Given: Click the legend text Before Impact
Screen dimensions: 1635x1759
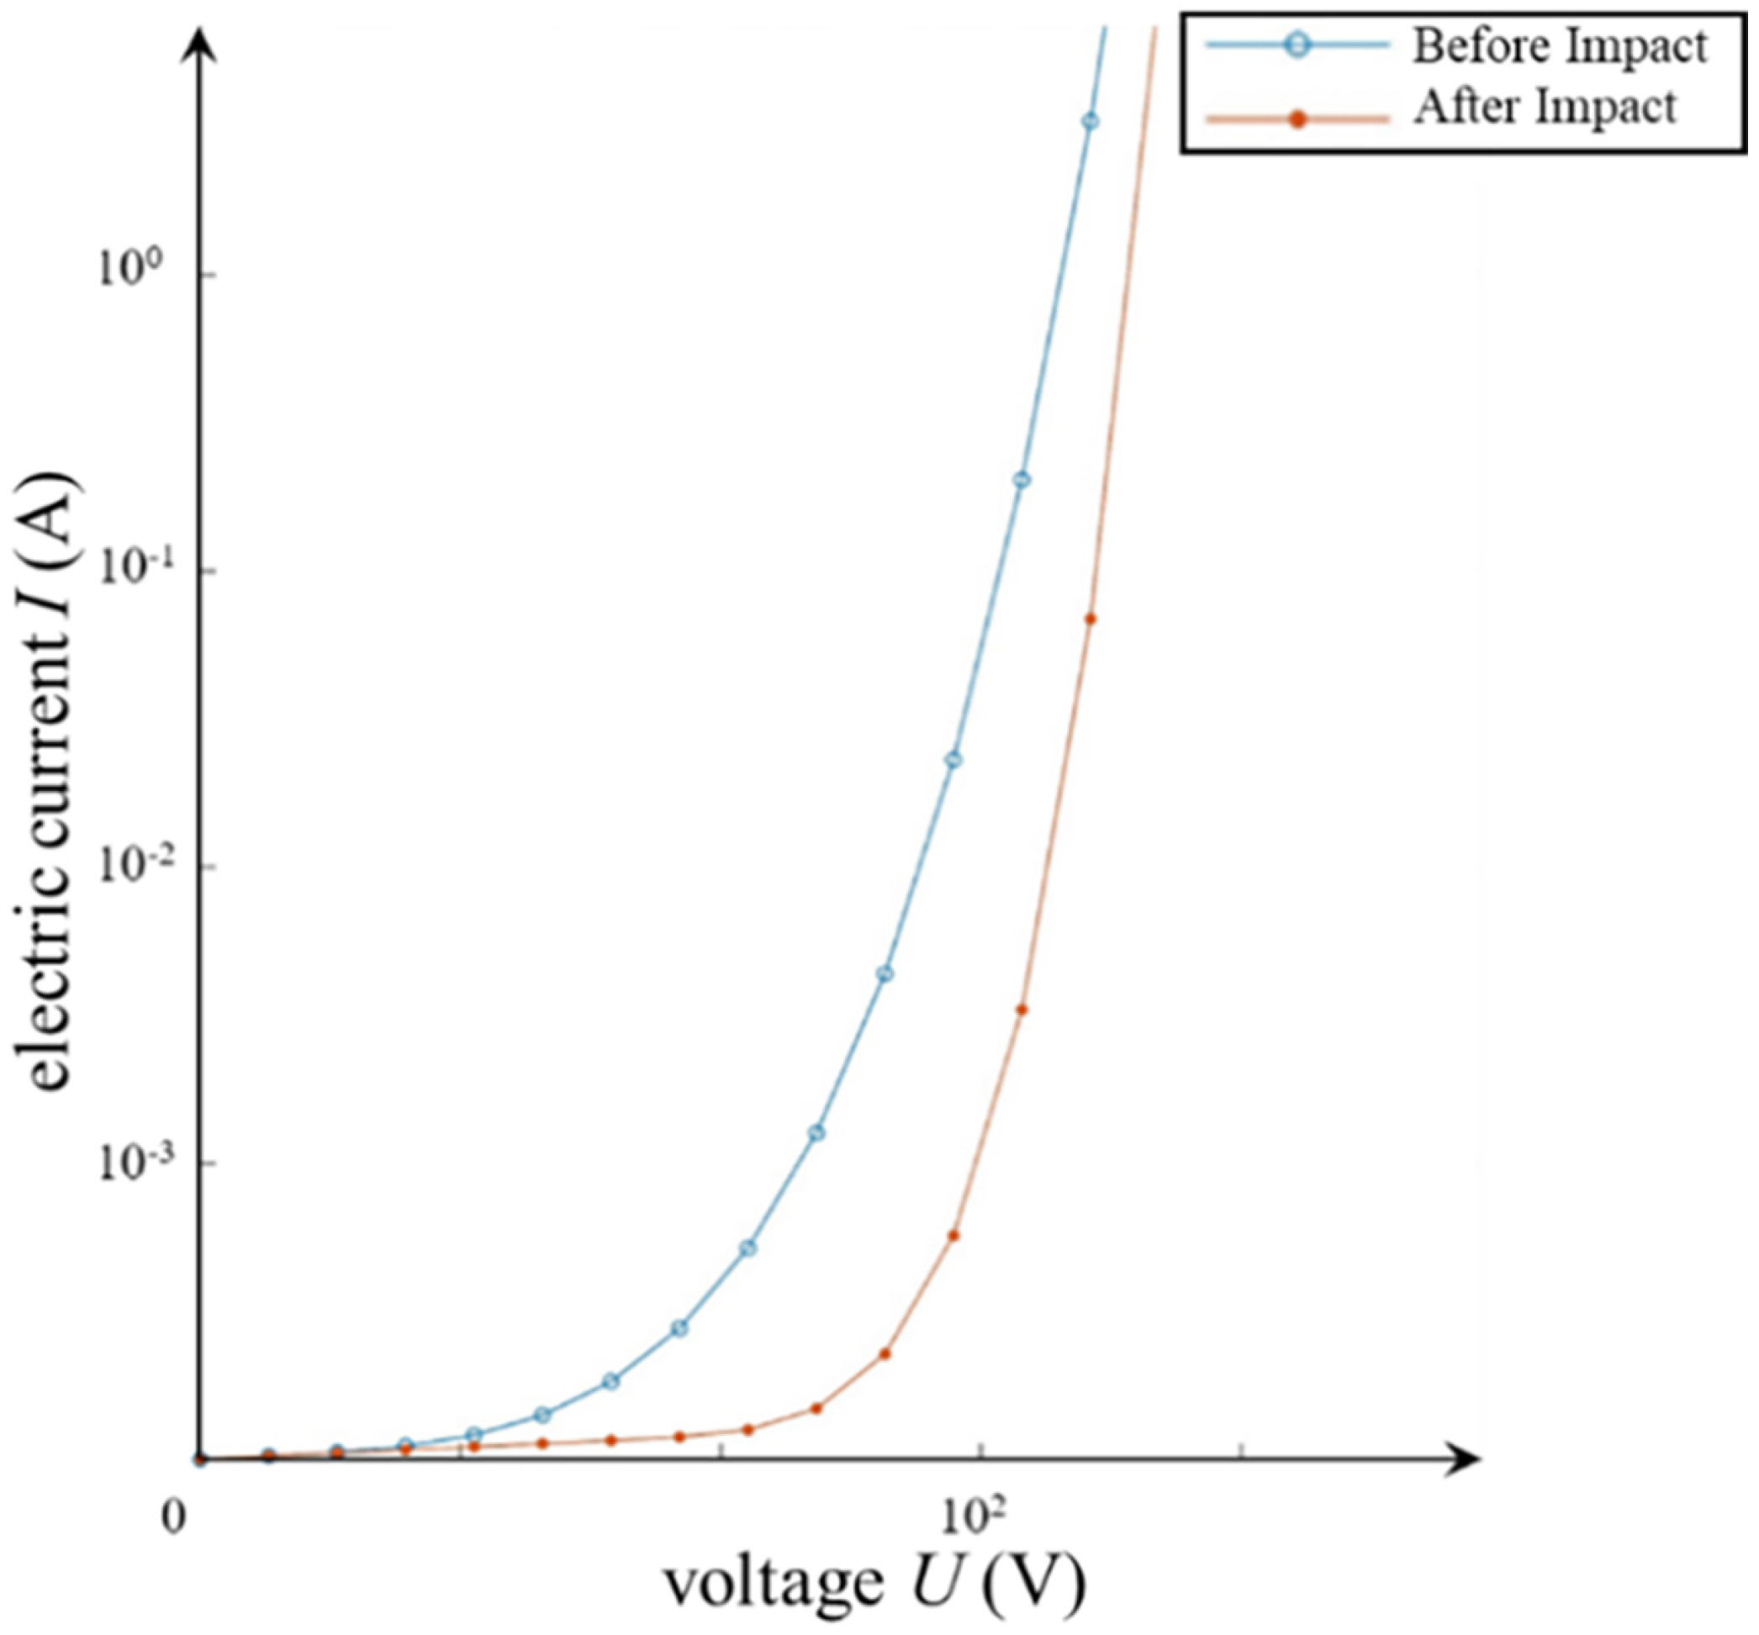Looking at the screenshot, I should coord(1560,46).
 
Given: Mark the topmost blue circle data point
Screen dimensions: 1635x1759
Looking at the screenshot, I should coord(1091,121).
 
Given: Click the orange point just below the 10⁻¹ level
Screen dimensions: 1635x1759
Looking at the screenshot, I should coord(1090,620).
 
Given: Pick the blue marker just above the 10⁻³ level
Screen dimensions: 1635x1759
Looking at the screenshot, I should coord(816,1132).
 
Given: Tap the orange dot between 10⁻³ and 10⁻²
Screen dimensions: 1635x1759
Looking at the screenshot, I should coord(1021,1010).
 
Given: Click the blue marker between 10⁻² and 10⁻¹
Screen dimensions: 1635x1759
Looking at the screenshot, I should coord(953,760).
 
